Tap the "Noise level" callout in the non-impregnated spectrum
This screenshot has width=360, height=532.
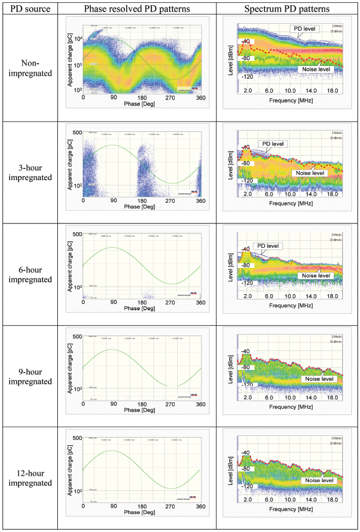tap(315, 69)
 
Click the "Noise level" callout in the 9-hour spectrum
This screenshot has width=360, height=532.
tap(317, 379)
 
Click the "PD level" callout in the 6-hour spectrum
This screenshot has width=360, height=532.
tap(267, 246)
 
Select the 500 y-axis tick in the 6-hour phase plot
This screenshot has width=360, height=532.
tap(75, 234)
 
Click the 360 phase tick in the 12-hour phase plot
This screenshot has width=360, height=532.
tap(200, 505)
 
